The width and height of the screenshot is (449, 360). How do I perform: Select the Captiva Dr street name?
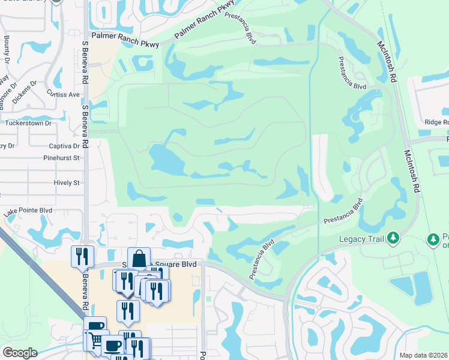click(64, 146)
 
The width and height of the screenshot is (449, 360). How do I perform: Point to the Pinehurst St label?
click(61, 158)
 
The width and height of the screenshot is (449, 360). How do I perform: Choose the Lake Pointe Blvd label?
click(28, 211)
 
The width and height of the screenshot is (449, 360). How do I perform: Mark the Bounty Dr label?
click(7, 47)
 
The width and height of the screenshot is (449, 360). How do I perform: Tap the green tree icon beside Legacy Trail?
click(393, 239)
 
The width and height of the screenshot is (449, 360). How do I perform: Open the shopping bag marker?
click(139, 258)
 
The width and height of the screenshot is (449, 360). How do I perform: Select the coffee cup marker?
click(112, 345)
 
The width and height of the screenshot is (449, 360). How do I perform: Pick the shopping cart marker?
click(95, 340)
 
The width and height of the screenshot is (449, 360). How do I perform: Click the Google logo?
click(19, 352)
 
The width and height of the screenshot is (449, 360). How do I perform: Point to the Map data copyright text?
click(423, 355)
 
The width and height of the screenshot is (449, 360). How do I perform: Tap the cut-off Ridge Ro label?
click(436, 122)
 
